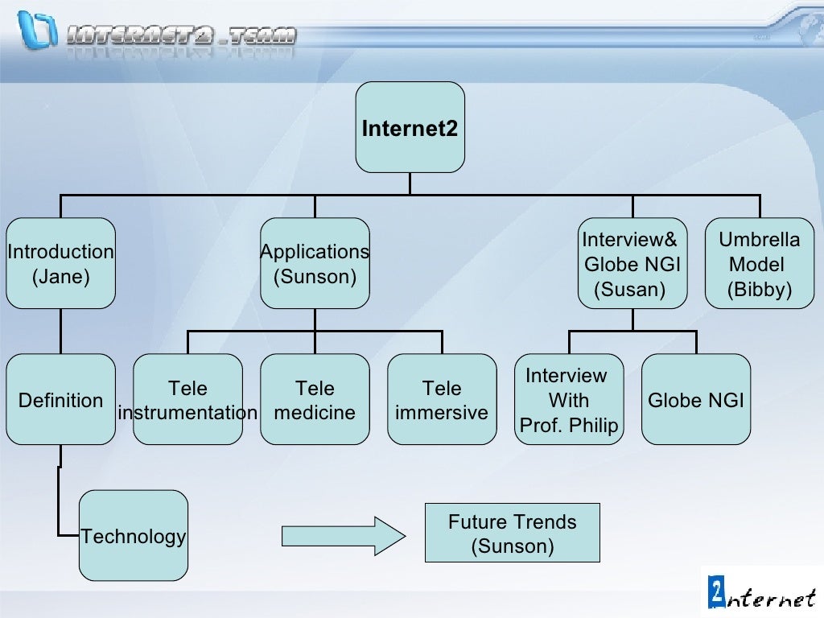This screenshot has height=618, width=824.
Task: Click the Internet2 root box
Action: coord(410,127)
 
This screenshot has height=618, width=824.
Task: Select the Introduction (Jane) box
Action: coord(60,263)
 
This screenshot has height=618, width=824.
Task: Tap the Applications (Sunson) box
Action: coord(315,263)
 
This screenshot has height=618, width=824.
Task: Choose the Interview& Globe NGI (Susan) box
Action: coord(632,263)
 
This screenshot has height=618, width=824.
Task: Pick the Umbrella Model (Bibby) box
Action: coord(759,263)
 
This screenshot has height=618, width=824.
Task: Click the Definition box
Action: coord(60,400)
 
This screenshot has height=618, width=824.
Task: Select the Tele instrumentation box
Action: coord(187,400)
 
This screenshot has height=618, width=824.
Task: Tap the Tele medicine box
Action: coord(315,400)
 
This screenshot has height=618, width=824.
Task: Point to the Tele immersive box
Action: coord(442,400)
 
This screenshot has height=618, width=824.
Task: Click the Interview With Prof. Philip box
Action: coord(569,400)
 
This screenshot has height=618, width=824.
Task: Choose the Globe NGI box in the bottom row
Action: coord(696,400)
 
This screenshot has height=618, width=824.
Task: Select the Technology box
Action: coord(134,536)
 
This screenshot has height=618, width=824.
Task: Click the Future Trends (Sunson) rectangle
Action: coord(512,534)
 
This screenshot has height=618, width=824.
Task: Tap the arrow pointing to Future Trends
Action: coord(343,535)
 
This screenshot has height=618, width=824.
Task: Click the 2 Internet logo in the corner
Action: coord(761,591)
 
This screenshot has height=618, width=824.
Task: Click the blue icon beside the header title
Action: coord(39,29)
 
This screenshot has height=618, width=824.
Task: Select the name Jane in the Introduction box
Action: coord(61,278)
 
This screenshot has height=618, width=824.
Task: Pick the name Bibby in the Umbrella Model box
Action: coord(760,290)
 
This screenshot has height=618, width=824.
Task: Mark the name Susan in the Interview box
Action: coord(629,290)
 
